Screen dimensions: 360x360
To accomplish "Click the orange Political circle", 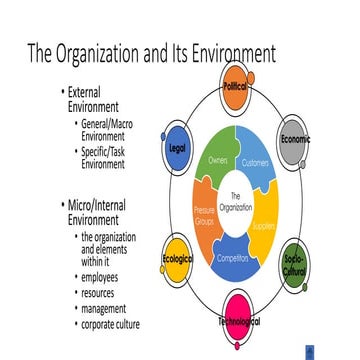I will (236, 87).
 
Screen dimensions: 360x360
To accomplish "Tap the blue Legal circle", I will (177, 146).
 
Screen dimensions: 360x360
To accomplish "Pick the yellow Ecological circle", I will (177, 261).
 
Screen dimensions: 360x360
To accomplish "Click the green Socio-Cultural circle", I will (296, 264).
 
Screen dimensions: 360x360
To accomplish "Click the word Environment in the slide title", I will (225, 51).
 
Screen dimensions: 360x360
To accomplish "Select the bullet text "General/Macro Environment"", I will (104, 129).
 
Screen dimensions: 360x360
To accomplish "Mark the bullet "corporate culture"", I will (111, 324).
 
